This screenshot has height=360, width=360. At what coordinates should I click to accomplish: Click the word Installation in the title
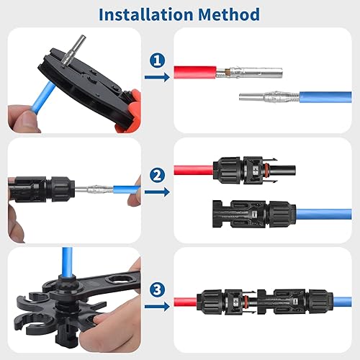[146, 14]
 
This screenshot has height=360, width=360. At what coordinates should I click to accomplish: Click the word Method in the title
[229, 14]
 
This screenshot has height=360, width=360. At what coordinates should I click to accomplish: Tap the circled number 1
[157, 60]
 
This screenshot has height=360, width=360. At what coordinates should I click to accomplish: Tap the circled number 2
[157, 175]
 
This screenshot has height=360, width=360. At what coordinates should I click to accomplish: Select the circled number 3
[157, 289]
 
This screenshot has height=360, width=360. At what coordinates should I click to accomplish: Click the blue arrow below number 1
[157, 77]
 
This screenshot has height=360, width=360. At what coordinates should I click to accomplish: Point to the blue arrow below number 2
[157, 192]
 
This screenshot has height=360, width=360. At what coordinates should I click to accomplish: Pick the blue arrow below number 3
[157, 307]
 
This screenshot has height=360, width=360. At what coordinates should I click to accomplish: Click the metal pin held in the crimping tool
[73, 51]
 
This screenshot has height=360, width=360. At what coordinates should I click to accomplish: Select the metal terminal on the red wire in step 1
[249, 72]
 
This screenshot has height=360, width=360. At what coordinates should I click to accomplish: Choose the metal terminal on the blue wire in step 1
[269, 97]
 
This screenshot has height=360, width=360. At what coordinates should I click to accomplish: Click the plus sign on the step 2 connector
[256, 171]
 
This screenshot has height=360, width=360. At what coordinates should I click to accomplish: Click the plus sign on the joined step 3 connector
[236, 302]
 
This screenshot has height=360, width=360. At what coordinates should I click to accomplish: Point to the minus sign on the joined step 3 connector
[296, 301]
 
